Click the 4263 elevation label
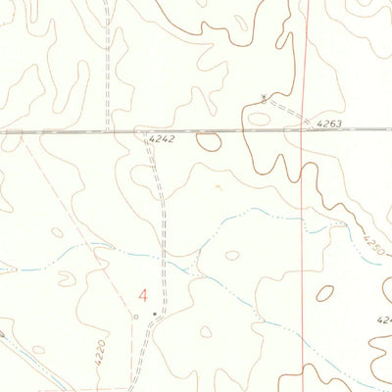tap(329, 123)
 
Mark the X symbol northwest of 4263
tap(264, 96)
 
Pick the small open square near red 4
tap(135, 317)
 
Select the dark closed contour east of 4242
tap(208, 141)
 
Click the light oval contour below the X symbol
tap(260, 119)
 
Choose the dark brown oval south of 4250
tap(324, 292)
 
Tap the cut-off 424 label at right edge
tap(383, 320)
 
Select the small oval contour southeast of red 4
tap(206, 331)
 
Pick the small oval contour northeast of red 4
tap(232, 255)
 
